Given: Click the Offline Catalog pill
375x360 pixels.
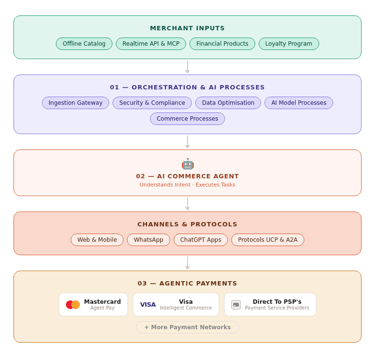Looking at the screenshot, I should (84, 44).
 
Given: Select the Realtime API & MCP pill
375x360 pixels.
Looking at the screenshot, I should (151, 44).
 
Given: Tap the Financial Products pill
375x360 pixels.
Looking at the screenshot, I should (222, 44).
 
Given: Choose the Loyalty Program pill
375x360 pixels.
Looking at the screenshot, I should (288, 44).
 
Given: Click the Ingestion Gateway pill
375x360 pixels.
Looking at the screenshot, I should (75, 103).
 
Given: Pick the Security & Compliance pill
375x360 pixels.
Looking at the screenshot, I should (152, 103).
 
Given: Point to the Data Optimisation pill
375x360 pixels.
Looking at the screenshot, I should (228, 103).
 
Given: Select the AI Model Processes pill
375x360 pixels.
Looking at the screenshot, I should (299, 103).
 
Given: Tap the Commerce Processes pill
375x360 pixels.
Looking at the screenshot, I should (187, 119).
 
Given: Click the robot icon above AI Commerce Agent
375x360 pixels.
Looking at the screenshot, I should (187, 164).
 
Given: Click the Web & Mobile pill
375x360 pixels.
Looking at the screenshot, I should (97, 240).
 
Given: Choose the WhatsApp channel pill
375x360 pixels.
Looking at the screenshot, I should (149, 240).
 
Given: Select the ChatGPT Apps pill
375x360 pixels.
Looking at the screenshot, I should (200, 240).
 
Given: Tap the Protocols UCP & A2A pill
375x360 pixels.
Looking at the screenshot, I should (268, 240).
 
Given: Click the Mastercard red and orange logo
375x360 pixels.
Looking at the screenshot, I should (73, 305).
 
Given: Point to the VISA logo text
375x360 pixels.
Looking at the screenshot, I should (148, 305).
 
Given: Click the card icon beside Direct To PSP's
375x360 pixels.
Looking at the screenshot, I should (236, 305).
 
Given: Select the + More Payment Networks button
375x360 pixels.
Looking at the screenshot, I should (187, 327).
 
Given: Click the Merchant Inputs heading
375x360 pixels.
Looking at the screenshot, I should (187, 28).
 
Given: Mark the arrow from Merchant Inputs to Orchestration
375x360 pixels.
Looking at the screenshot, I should (187, 67).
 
